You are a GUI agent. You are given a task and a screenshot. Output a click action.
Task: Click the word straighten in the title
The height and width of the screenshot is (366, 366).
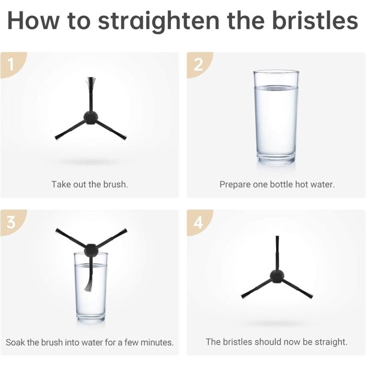pos(159,21)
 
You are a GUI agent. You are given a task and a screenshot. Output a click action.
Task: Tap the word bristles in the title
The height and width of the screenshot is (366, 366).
pos(315,20)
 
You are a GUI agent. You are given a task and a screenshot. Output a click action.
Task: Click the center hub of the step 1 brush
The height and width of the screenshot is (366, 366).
pos(90,118)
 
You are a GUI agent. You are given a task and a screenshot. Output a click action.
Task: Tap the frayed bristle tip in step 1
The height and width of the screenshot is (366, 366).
pos(90,82)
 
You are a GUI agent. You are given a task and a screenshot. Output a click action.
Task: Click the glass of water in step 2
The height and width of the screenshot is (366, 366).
pos(276,117)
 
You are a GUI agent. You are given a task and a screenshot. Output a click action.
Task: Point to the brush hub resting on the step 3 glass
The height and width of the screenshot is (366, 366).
pos(91,250)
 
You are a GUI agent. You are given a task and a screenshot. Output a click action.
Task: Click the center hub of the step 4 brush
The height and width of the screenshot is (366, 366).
pos(277,276)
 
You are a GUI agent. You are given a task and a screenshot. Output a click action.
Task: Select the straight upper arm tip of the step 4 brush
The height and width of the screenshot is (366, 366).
pos(277,237)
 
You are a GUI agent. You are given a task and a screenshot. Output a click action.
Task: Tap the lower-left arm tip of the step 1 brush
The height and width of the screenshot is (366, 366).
pos(57,138)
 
